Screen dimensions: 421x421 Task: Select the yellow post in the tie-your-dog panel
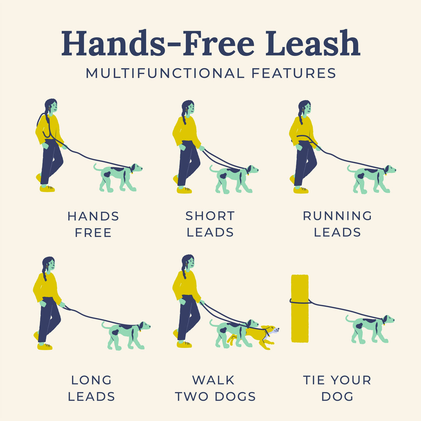point(300,308)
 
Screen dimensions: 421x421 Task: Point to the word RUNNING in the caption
point(338,216)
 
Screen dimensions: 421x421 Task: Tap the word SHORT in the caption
point(210,216)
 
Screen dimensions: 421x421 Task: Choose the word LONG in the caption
point(92,380)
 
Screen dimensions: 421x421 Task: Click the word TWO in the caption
point(194,396)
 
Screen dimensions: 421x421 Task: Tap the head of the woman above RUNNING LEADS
point(305,108)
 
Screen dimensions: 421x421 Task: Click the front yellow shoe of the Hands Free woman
point(47,189)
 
